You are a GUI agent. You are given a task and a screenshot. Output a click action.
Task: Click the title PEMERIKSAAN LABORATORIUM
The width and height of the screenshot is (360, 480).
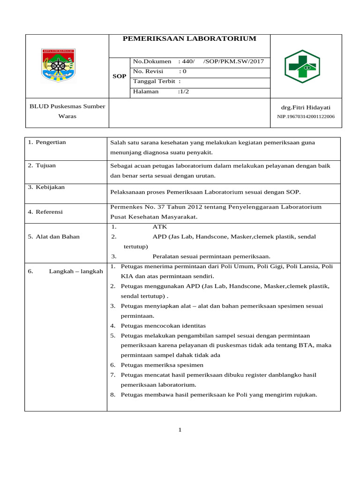point(189,38)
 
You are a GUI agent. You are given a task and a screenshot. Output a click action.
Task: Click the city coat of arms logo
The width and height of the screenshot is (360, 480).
point(58,66)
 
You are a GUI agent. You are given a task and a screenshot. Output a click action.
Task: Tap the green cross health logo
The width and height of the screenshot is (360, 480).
point(302,67)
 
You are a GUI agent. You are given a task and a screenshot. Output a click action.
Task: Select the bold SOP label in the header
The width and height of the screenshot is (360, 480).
point(120,76)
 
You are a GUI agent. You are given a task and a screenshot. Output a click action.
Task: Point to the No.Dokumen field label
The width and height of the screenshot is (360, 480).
point(152,61)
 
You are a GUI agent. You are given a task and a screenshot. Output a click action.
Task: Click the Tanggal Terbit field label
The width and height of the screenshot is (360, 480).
point(154,81)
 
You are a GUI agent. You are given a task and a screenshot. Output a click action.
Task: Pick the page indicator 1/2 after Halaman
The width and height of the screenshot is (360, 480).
point(183,91)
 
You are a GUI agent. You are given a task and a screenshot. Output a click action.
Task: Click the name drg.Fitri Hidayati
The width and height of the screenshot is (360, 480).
point(306,107)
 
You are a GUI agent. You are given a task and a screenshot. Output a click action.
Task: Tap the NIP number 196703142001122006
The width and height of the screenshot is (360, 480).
point(306,116)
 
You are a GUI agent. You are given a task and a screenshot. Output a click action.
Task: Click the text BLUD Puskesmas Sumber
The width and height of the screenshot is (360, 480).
point(67,106)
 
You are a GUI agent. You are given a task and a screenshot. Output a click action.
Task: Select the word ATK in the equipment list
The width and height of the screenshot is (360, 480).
point(160,226)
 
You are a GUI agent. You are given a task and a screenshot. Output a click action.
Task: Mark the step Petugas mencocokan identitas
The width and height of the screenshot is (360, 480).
point(163,325)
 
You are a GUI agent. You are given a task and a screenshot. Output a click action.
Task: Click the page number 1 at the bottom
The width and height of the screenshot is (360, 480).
point(180,430)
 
